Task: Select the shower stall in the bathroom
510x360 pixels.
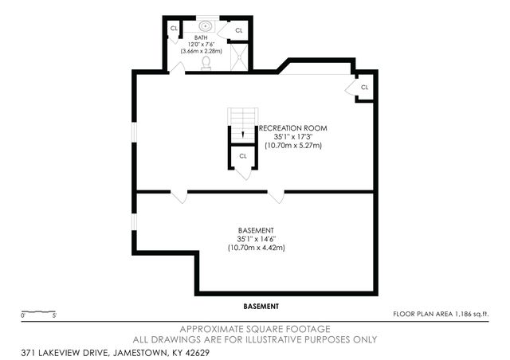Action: coord(237,55)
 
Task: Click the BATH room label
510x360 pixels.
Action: coord(202,37)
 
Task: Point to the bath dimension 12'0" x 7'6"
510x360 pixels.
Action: coord(202,44)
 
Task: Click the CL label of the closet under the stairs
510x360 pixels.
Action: coord(243,156)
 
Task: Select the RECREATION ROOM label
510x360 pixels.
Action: coord(292,127)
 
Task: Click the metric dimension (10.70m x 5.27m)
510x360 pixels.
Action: coord(292,145)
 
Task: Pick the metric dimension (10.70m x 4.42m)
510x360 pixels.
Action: coord(256,248)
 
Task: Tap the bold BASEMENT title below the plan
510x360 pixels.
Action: coord(261,306)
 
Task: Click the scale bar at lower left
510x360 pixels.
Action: coord(37,311)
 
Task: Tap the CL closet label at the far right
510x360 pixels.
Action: coord(364,87)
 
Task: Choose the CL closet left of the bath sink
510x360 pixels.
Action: coord(174,29)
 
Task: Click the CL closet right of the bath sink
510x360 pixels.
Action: coord(239,29)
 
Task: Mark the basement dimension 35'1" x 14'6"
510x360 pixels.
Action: coord(256,239)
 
